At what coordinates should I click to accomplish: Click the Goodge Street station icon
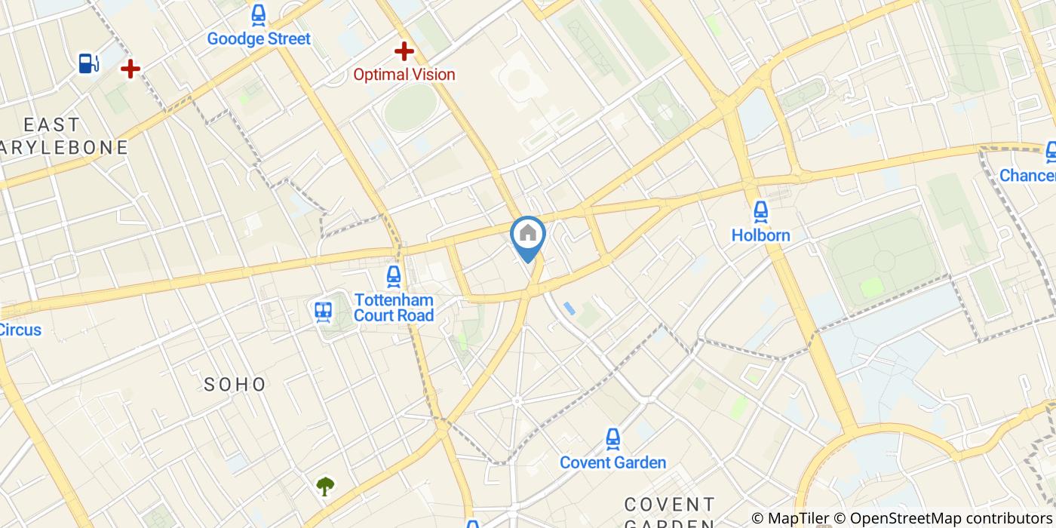point(259,14)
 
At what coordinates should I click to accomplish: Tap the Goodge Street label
point(259,38)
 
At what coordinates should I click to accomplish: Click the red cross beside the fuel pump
point(130,69)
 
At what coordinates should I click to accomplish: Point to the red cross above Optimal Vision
point(405,51)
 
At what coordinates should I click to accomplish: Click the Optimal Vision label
point(404,74)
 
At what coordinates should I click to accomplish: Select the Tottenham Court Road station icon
point(393,277)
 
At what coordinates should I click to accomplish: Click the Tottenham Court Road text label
point(394,307)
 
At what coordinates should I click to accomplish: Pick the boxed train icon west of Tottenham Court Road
point(324,312)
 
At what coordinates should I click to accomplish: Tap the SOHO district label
point(235,385)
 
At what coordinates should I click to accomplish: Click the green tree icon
point(325,486)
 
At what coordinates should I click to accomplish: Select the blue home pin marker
point(528,236)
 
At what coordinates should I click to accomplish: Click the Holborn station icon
point(760,211)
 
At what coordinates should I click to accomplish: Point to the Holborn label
point(760,235)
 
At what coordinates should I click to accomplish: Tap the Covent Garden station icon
point(612,438)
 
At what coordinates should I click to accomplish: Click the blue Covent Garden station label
point(612,462)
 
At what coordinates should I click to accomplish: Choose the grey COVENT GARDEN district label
point(669,512)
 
